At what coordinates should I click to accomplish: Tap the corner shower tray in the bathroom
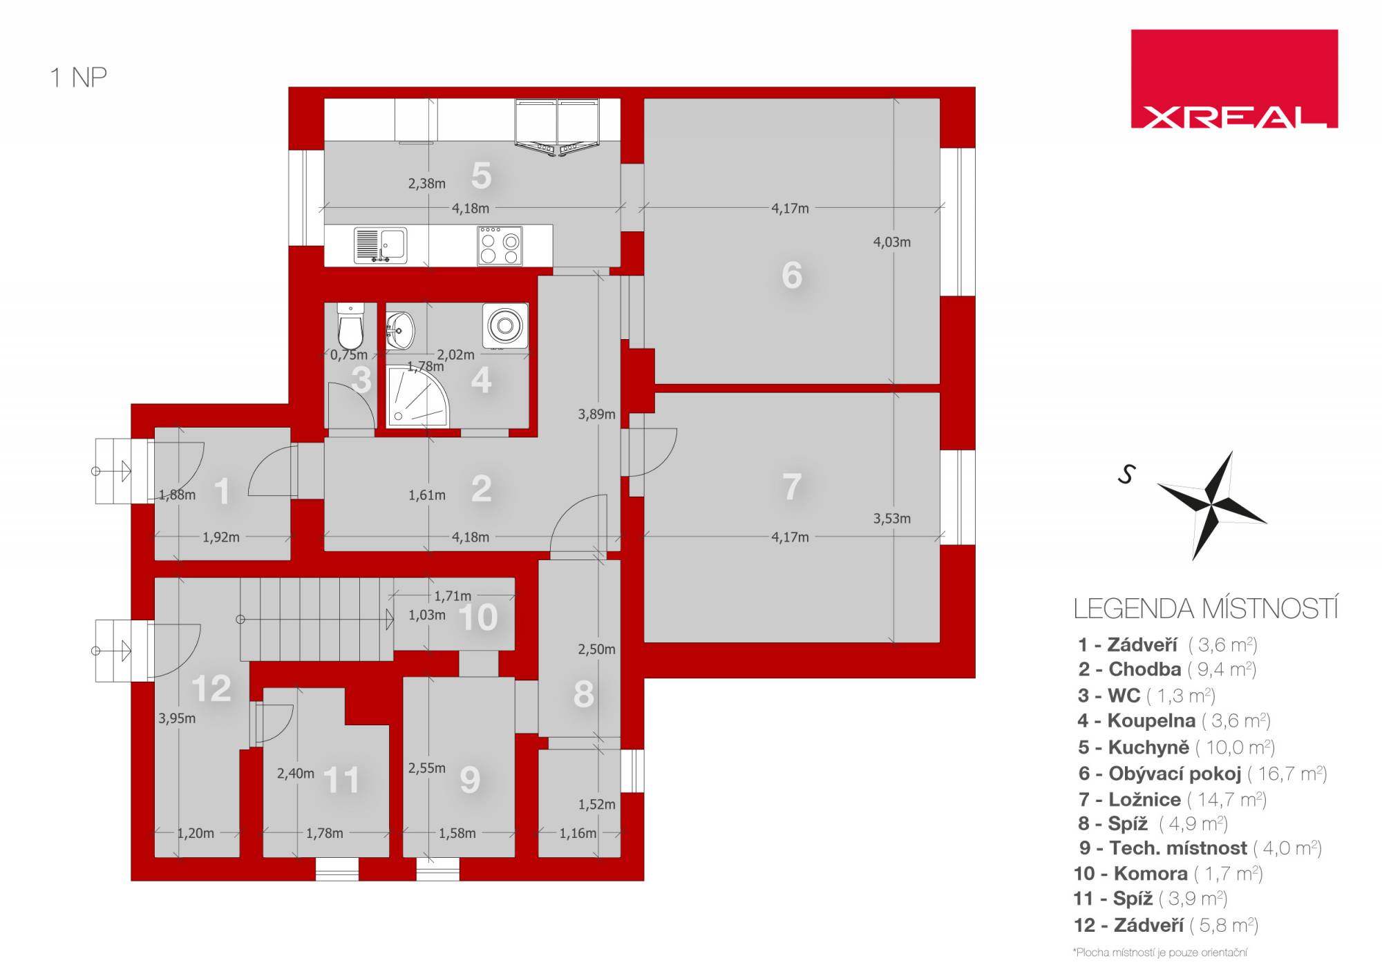click(x=417, y=395)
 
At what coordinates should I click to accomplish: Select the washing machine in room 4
click(x=506, y=325)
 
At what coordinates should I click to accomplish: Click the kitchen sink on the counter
click(x=380, y=246)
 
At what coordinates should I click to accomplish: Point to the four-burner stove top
click(x=500, y=245)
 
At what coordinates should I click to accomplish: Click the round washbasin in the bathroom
click(x=401, y=329)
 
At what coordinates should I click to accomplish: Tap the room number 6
click(x=792, y=275)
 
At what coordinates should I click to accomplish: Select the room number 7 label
click(x=792, y=486)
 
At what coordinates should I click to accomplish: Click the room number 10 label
click(x=477, y=617)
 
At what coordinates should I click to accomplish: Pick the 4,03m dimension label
click(x=891, y=242)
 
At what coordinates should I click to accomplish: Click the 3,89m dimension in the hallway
click(x=596, y=414)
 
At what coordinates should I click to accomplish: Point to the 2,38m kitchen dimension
click(x=426, y=183)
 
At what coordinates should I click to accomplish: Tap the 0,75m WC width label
click(x=349, y=355)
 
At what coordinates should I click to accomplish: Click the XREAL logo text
click(x=1234, y=117)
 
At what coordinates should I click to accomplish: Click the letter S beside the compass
click(x=1127, y=474)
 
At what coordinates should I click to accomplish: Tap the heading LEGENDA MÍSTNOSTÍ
click(x=1206, y=609)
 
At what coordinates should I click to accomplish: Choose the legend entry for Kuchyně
click(x=1176, y=747)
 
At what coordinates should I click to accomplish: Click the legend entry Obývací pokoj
click(x=1202, y=774)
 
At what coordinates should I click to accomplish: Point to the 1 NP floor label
click(x=78, y=77)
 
